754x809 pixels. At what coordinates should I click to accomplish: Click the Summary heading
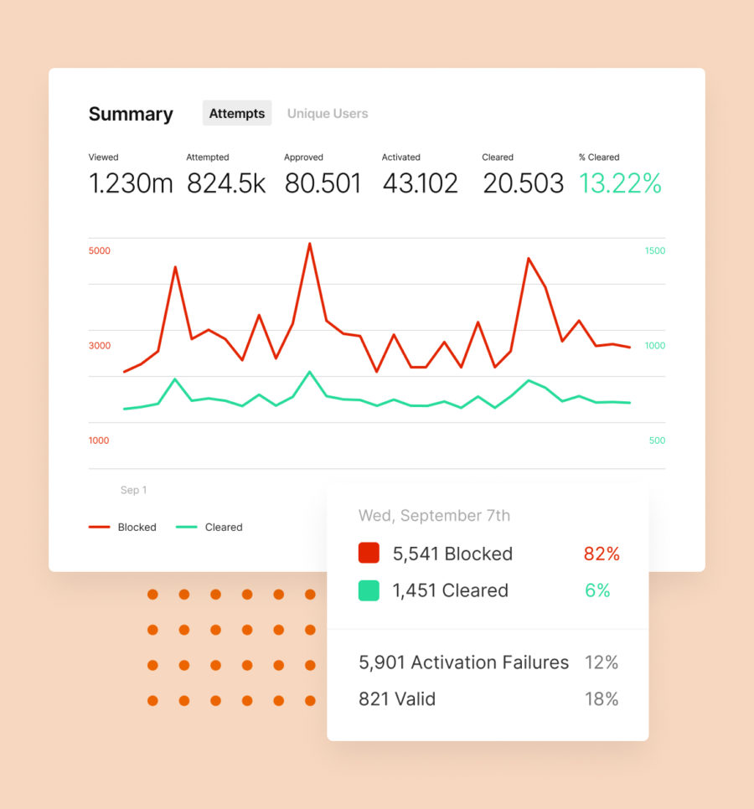pos(131,114)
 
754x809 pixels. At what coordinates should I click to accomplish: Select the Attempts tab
pos(237,113)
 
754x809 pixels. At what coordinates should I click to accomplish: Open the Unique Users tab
pos(328,113)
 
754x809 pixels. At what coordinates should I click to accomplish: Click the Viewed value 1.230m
pos(131,183)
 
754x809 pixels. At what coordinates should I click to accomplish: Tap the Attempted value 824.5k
pos(226,183)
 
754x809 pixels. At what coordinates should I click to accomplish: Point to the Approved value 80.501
pos(323,183)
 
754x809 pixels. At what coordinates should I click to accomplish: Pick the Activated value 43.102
pos(420,183)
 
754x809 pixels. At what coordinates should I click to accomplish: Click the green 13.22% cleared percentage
pos(620,183)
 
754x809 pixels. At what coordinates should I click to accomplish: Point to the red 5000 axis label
pos(99,250)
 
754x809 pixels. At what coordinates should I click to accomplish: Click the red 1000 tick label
pos(99,441)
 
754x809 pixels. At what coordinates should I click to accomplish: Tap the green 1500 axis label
pos(654,250)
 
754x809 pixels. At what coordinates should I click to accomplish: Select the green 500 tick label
pos(657,441)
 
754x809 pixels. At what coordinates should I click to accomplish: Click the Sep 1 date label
pos(133,490)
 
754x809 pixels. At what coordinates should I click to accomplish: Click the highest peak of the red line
pos(310,244)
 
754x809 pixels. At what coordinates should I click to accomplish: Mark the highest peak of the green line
pos(310,372)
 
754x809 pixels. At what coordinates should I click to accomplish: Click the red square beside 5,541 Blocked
pos(369,554)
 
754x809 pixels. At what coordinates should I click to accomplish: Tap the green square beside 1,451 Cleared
pos(369,590)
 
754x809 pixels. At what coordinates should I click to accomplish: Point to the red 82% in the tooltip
pos(601,554)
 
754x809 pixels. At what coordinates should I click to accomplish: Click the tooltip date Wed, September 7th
pos(434,515)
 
